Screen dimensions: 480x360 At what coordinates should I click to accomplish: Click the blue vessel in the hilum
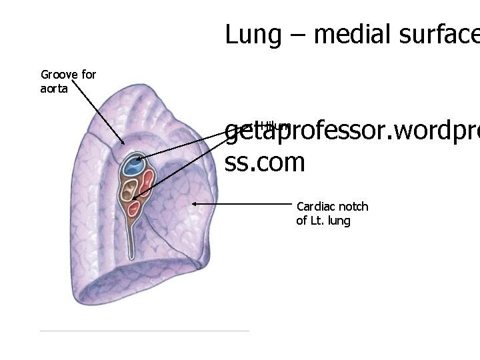[134, 165]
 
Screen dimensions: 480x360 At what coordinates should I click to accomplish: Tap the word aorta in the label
[54, 88]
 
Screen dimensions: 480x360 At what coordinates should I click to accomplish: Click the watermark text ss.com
[265, 162]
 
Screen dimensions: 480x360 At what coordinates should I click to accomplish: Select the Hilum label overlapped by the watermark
[275, 125]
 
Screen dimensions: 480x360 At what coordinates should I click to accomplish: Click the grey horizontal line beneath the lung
[144, 330]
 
